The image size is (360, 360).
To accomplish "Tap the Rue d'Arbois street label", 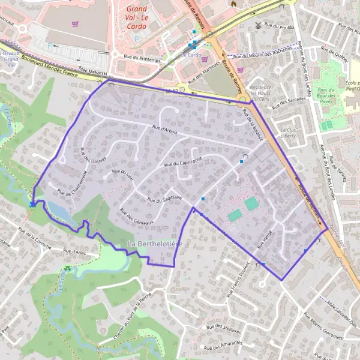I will (165, 128).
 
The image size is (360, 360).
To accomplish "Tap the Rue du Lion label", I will (122, 173).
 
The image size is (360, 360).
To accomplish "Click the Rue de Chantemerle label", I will (73, 183).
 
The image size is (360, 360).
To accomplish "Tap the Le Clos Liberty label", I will (289, 133).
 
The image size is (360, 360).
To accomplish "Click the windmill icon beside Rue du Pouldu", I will (260, 26).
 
